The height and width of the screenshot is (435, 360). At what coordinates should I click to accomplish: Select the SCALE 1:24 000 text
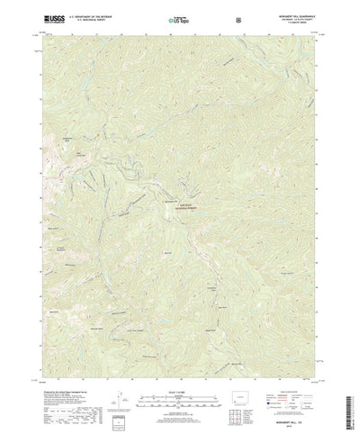pos(180,367)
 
